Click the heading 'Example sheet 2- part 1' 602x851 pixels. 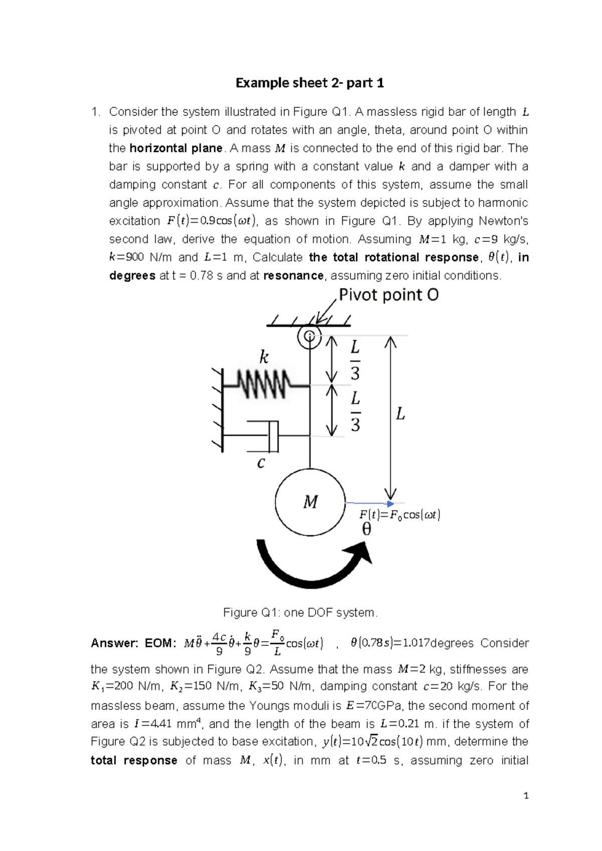[x=310, y=83]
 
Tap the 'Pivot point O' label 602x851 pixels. [x=388, y=295]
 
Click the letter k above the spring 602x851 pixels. [x=263, y=357]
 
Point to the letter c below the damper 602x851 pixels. [x=260, y=463]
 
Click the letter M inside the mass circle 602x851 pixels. [x=310, y=502]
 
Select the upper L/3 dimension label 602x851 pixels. [x=355, y=360]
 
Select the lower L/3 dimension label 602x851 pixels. [x=355, y=411]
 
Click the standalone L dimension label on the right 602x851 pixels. [x=400, y=414]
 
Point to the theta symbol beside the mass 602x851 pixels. [x=367, y=529]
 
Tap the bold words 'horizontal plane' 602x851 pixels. [x=176, y=149]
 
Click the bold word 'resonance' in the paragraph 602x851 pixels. [x=293, y=275]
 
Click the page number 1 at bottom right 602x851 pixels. [x=526, y=796]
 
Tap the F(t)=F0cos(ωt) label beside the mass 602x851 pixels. [x=399, y=515]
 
